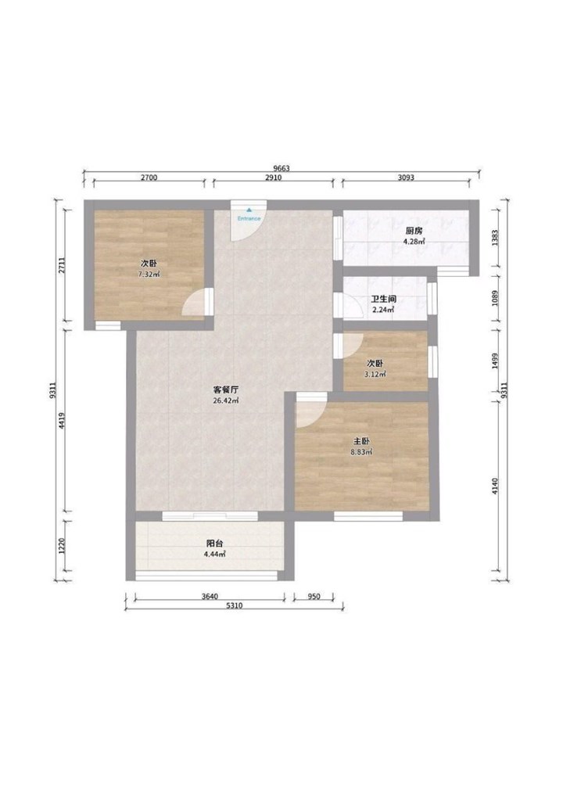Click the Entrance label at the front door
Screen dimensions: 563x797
(x=249, y=218)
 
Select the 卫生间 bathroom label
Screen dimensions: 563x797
(x=384, y=300)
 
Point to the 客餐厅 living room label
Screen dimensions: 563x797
(x=226, y=390)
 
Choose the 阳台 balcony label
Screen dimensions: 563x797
(x=214, y=544)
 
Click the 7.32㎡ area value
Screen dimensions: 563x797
(x=149, y=275)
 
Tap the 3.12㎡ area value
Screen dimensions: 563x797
(x=375, y=375)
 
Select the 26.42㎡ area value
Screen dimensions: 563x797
(x=226, y=400)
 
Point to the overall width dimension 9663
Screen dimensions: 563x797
(x=281, y=168)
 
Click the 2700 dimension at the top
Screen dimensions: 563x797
(x=149, y=178)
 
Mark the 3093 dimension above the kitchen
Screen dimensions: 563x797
(x=406, y=178)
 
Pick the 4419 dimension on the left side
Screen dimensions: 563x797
(x=61, y=421)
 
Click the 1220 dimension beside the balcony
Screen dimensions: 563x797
(x=61, y=547)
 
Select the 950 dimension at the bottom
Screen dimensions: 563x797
(x=314, y=597)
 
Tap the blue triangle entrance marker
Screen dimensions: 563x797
(x=249, y=210)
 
